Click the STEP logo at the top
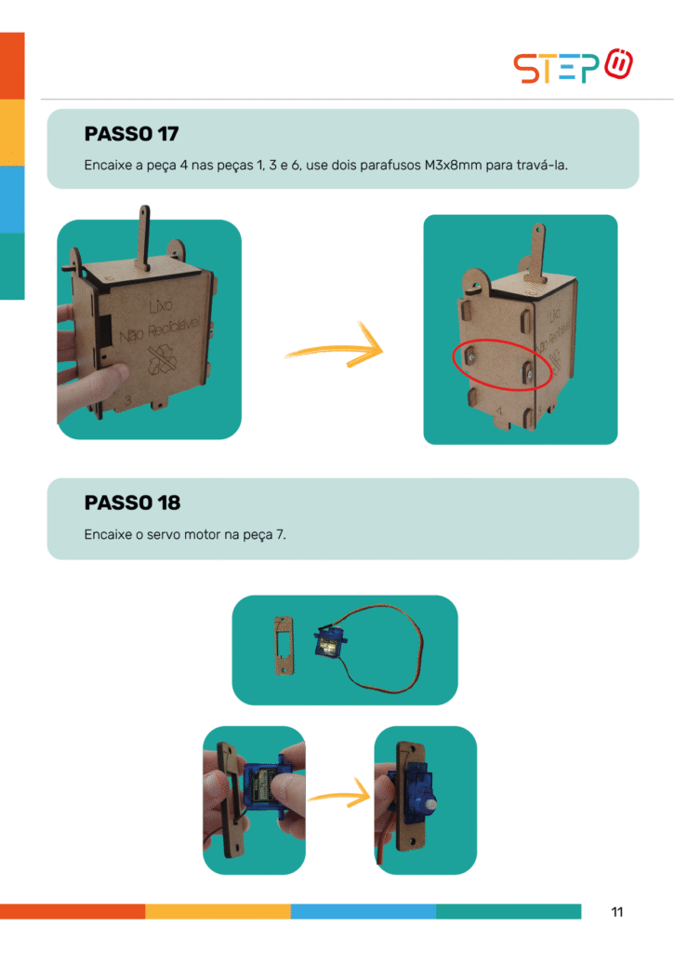[574, 67]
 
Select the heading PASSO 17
[131, 134]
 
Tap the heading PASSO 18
[132, 503]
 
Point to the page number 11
[617, 912]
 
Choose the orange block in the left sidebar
[12, 65]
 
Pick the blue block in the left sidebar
[12, 199]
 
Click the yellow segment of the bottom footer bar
[218, 911]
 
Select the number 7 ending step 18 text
[281, 535]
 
